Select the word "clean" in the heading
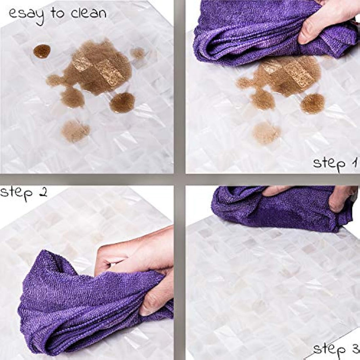click(89, 13)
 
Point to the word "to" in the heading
click(57, 13)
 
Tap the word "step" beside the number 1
click(329, 164)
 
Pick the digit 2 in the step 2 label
click(43, 193)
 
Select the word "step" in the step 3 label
click(329, 349)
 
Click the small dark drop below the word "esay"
click(42, 51)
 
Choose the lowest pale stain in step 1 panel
click(266, 133)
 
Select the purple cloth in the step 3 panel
click(280, 208)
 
